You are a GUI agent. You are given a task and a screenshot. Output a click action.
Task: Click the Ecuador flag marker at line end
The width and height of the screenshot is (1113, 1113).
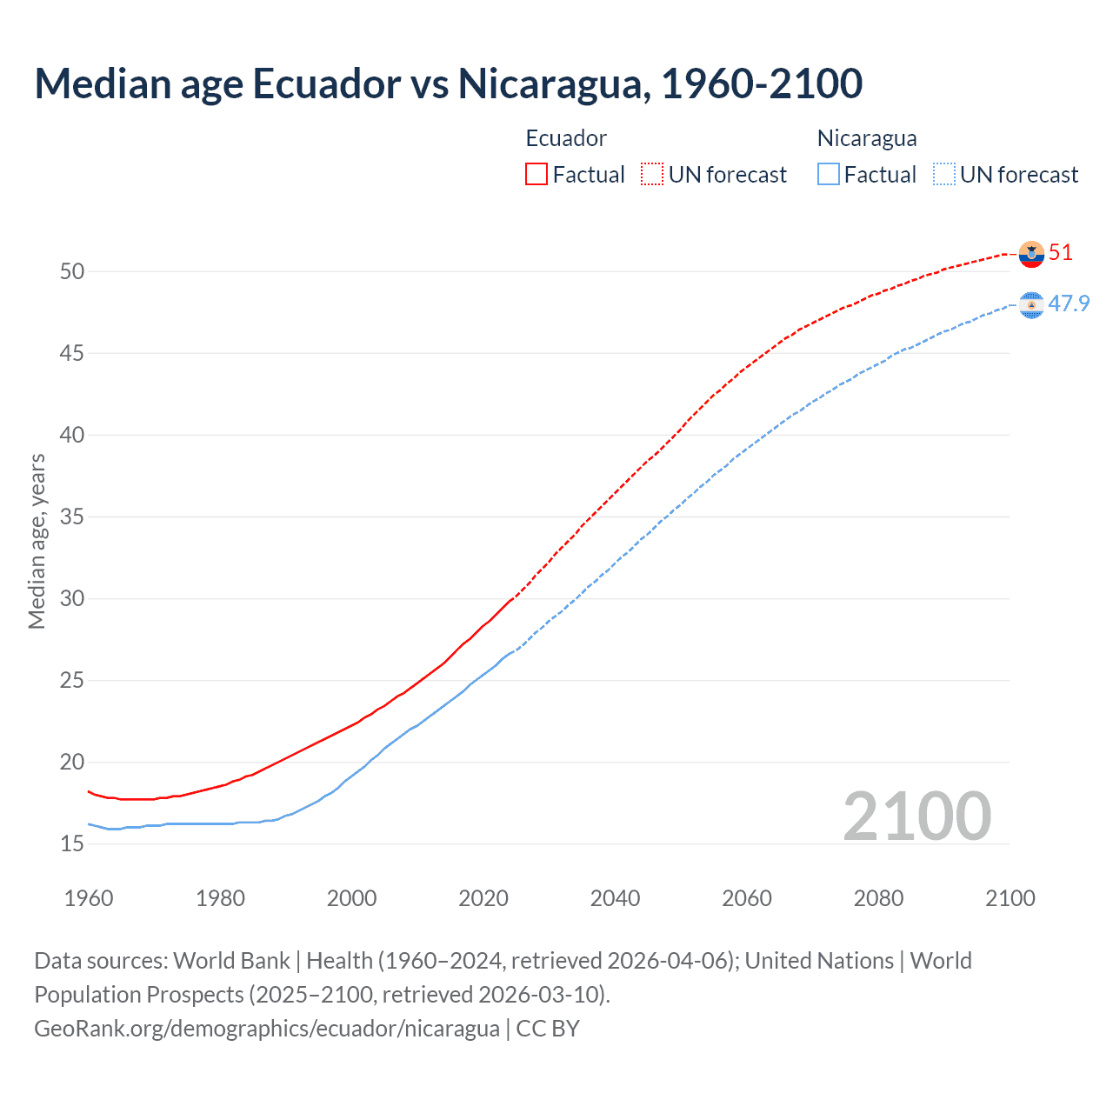[1031, 254]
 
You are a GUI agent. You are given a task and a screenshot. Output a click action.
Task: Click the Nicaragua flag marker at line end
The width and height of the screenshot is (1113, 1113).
[1031, 305]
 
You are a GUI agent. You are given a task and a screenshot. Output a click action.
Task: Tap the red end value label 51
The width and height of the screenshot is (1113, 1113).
[1061, 253]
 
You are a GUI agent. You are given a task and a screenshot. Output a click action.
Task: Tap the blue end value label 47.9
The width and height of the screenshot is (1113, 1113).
[1069, 303]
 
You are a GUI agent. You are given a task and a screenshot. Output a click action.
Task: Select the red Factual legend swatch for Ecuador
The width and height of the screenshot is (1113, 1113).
[537, 175]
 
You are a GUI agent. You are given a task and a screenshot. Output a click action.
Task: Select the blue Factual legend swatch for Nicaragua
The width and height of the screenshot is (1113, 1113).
[829, 175]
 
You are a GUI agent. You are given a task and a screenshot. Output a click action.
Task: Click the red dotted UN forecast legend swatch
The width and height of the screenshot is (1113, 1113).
[652, 175]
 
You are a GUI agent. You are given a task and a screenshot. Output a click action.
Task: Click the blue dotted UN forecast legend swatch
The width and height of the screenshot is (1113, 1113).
[944, 175]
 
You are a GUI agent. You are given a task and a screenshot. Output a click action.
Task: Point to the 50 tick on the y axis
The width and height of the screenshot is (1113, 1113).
[72, 271]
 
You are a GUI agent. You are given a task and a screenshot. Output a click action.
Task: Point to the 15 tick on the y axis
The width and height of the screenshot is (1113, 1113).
[72, 843]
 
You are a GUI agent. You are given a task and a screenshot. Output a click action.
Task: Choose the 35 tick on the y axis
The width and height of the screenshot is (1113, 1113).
[72, 517]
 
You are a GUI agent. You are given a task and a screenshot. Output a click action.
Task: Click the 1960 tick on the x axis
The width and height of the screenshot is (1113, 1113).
[89, 898]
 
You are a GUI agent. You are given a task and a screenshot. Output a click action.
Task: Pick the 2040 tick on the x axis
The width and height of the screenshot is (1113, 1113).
[615, 898]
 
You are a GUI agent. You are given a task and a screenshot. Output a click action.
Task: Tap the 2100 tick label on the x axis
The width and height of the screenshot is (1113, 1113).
[1010, 898]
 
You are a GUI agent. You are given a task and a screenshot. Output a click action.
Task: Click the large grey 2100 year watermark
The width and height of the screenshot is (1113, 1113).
[916, 816]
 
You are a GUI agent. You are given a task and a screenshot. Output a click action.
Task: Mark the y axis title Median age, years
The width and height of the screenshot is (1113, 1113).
[37, 541]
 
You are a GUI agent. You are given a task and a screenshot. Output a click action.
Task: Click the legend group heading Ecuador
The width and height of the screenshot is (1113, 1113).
[566, 138]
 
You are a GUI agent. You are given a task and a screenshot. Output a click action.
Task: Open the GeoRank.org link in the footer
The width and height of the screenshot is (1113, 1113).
[266, 1029]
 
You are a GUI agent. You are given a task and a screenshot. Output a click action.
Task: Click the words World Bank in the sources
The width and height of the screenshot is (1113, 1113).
[231, 961]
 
